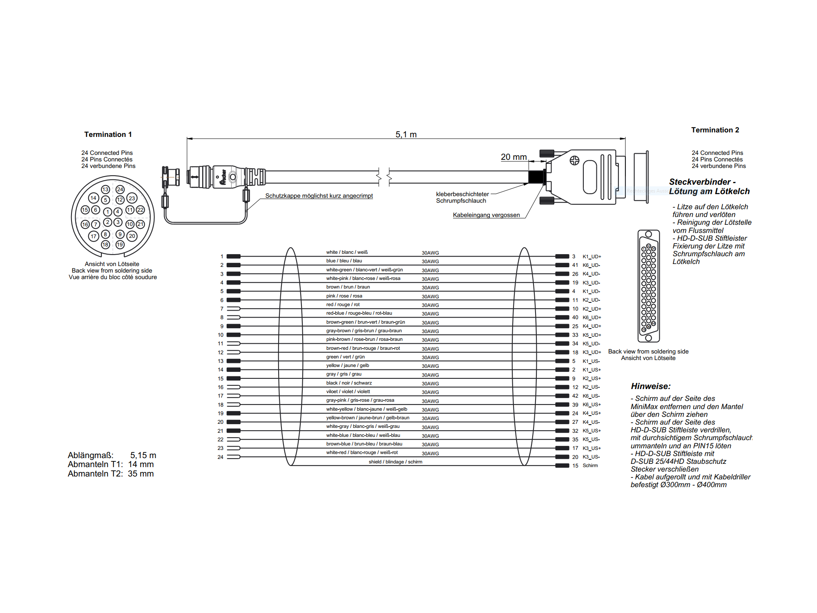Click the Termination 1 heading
(x=108, y=134)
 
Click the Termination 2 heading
(x=715, y=130)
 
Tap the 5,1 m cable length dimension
(x=406, y=134)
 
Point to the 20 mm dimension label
(x=513, y=157)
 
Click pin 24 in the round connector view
(x=120, y=189)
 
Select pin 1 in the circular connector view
(x=107, y=212)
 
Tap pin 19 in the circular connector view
(x=120, y=244)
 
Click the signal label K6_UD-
(x=591, y=265)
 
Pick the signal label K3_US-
(x=591, y=457)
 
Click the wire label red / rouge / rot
(x=343, y=304)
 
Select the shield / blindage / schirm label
(x=395, y=462)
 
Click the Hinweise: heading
(x=650, y=386)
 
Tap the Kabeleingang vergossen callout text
(x=486, y=215)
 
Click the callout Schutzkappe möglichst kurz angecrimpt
(x=319, y=196)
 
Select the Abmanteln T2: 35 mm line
(x=111, y=474)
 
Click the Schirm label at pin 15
(x=590, y=465)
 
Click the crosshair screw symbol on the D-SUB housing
(x=574, y=161)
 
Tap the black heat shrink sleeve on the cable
(x=536, y=177)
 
